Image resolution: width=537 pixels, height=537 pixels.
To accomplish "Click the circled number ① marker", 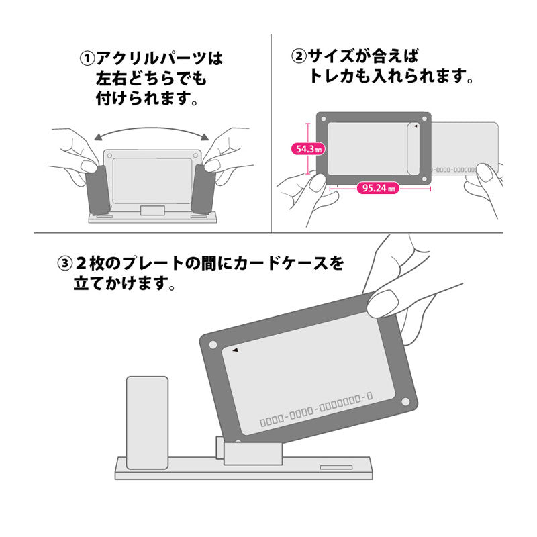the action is (x=87, y=58).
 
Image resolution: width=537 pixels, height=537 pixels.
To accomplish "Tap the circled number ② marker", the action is (x=299, y=56).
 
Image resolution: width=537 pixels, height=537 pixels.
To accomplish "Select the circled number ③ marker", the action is (x=64, y=264).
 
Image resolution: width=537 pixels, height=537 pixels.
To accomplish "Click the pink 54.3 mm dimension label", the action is (x=308, y=149).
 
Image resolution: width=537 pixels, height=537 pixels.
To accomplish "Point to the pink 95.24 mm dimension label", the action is (x=378, y=188).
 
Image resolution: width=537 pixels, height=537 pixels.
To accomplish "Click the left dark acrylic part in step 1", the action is (x=98, y=190).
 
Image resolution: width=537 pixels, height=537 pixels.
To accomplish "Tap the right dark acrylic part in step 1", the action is (x=203, y=189).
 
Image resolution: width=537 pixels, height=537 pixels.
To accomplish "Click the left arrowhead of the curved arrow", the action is (x=98, y=138).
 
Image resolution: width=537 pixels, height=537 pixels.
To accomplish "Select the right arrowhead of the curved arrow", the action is (x=205, y=137).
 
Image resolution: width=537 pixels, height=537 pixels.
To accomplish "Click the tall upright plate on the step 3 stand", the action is (x=147, y=423).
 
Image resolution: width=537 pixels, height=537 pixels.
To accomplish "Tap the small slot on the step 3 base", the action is (x=336, y=467).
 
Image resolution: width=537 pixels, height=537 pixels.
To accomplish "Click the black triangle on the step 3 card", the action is (x=236, y=350).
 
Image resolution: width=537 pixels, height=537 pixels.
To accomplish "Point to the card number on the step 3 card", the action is (x=316, y=409).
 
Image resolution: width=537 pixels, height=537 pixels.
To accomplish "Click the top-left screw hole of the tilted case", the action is (x=213, y=344).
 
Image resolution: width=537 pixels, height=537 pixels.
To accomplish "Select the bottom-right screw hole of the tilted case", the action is (x=405, y=401).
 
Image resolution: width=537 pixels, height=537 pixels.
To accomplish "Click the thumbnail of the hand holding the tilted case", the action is (x=383, y=303).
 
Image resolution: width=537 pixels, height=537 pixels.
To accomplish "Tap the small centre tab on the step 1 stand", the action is (x=152, y=210).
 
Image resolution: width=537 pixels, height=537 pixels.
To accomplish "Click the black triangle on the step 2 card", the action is (x=416, y=126).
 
